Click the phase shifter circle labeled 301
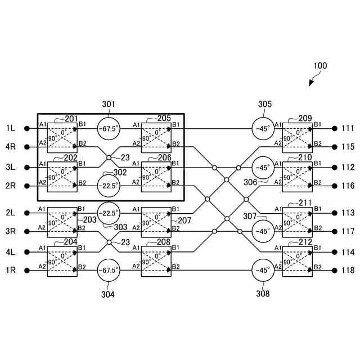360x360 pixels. pos(109,129)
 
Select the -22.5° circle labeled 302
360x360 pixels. pos(109,185)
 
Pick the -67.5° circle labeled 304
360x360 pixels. pos(109,271)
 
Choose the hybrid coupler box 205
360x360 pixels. pos(156,137)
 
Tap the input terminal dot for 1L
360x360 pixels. pos(26,128)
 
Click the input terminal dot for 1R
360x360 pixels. pos(26,271)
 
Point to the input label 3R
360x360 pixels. pos(11,232)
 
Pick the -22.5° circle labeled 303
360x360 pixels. pos(109,213)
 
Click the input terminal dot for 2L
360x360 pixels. pos(26,213)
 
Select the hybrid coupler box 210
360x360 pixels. pos(297,176)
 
